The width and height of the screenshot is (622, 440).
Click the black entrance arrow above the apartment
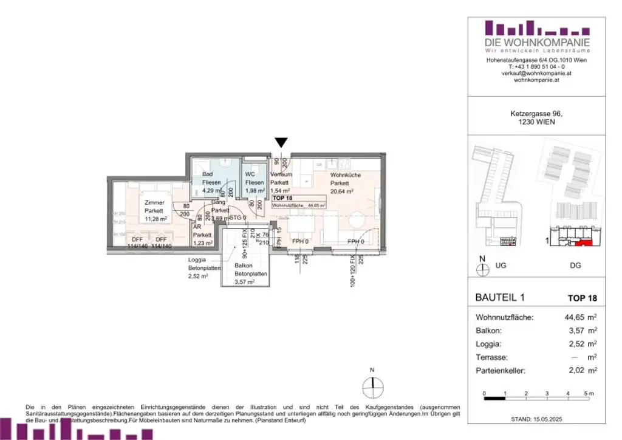(281, 143)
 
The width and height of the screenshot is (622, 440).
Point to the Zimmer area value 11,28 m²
(155, 219)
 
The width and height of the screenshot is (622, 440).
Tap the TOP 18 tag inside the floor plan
(285, 198)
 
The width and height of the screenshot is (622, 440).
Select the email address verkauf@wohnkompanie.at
(537, 73)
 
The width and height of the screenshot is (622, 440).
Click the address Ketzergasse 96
(536, 114)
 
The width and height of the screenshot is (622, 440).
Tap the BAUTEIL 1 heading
(498, 298)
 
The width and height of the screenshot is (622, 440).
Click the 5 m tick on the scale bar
(587, 394)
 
